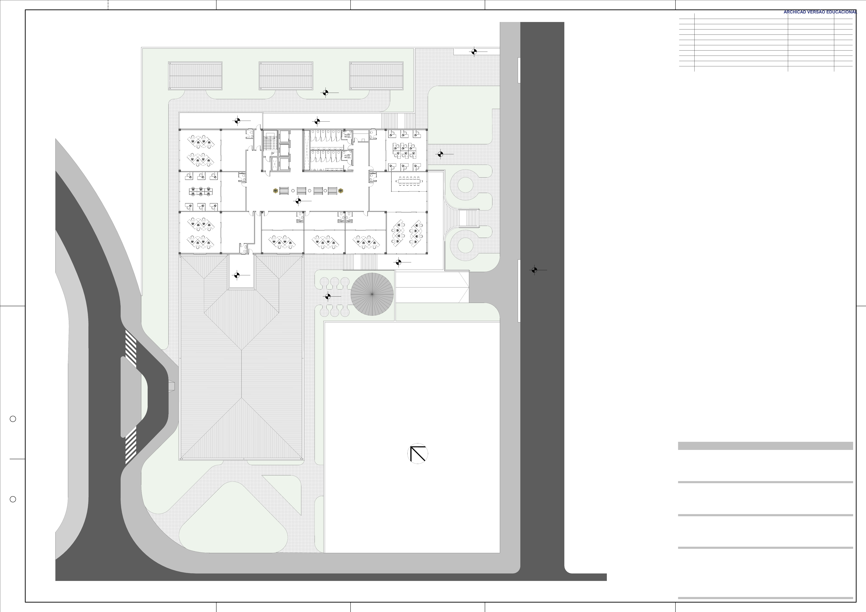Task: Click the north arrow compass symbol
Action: [418, 454]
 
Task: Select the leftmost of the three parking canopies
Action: [195, 76]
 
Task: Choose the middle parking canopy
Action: [286, 76]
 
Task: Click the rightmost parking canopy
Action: [376, 76]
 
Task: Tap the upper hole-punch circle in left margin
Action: [13, 419]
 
